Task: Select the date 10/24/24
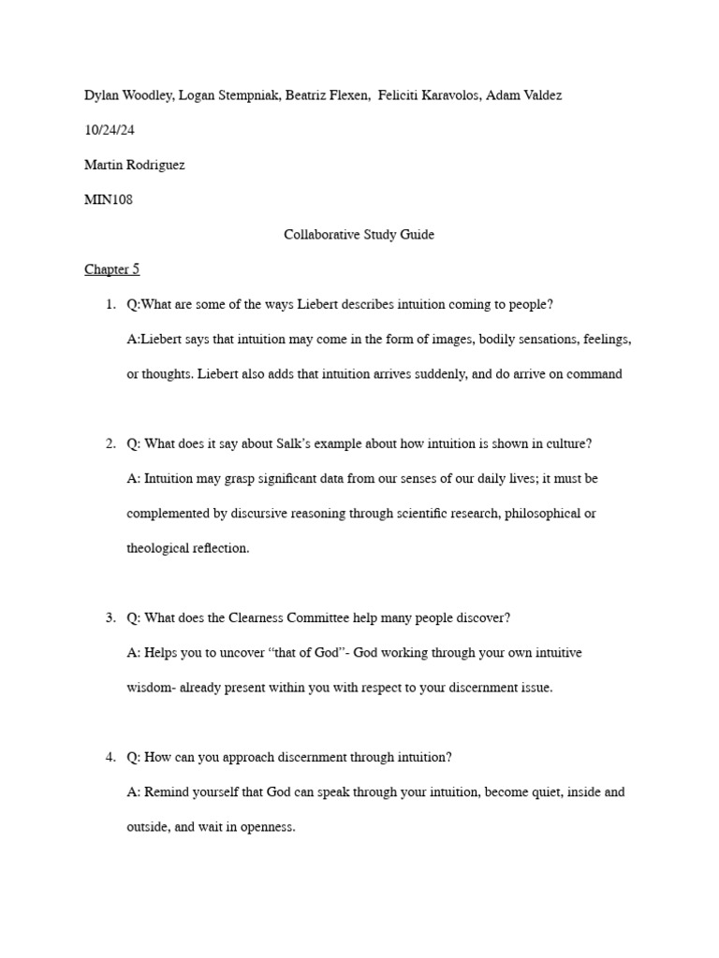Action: [x=110, y=130]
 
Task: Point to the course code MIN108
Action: [x=109, y=199]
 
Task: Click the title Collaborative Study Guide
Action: [x=359, y=235]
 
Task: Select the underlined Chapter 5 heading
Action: [x=111, y=269]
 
